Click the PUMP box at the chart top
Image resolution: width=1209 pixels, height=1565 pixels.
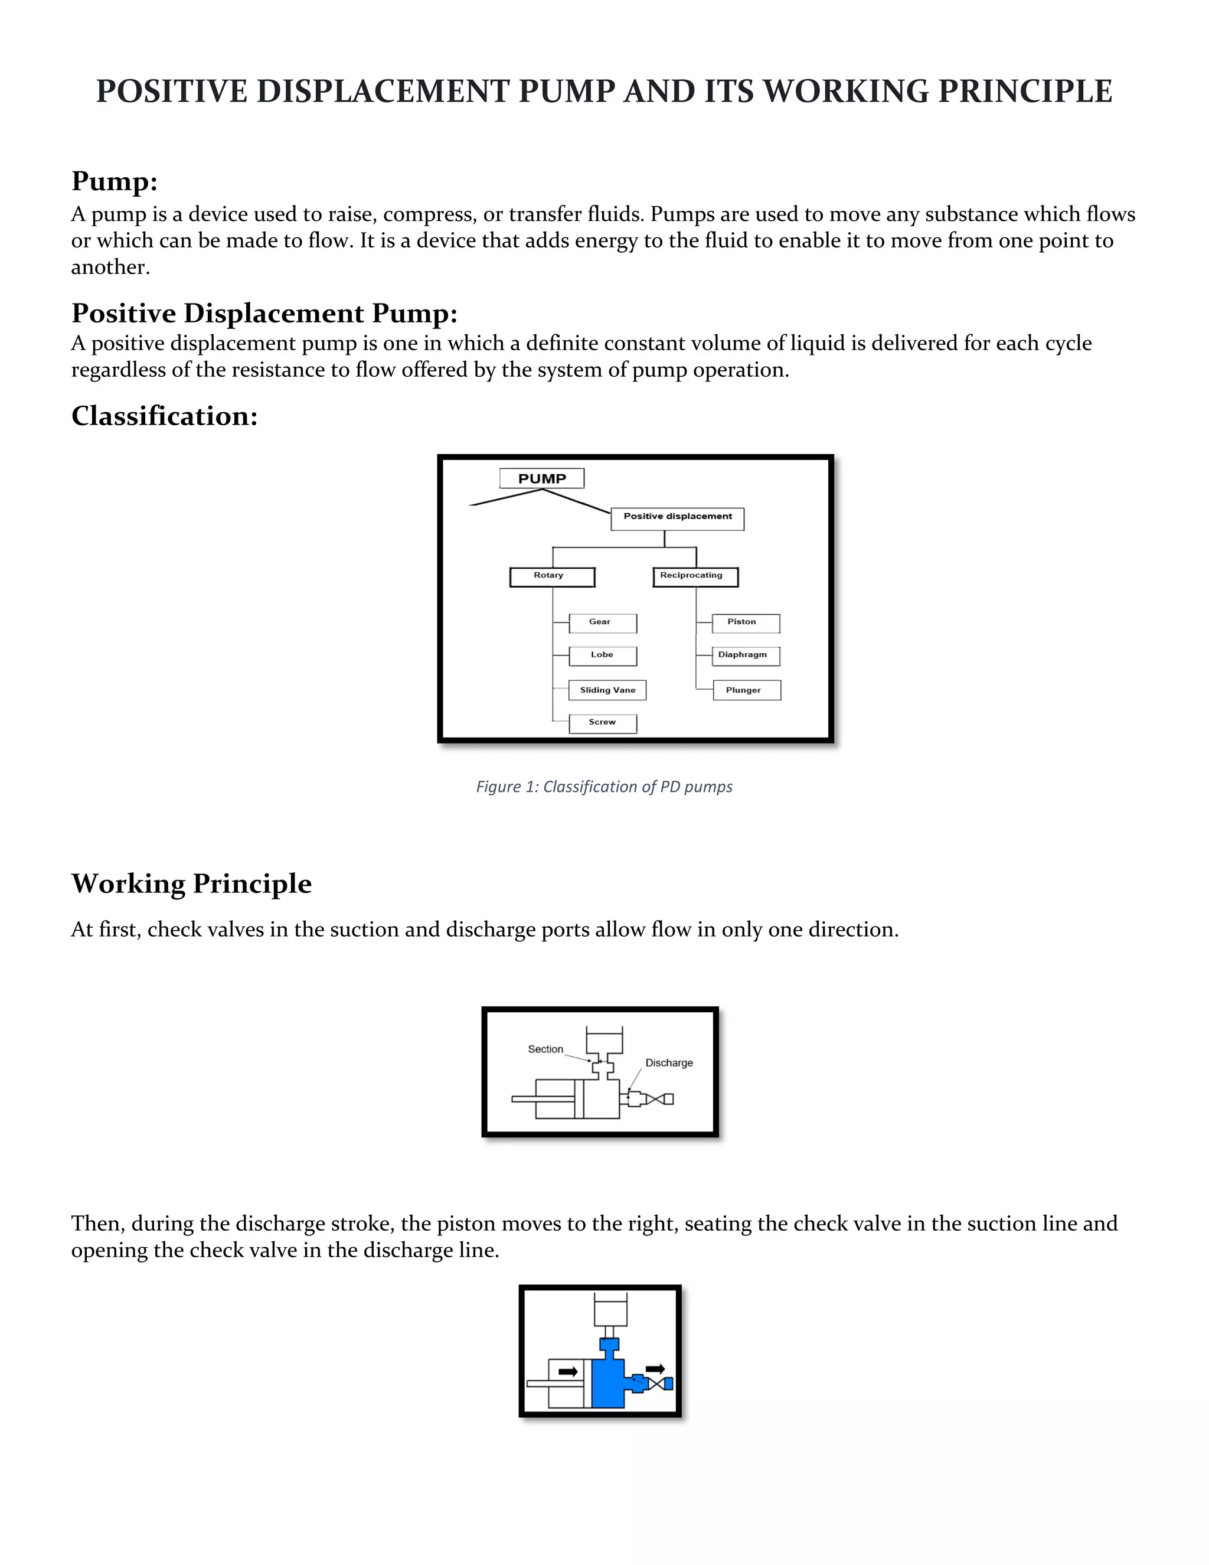[x=541, y=479]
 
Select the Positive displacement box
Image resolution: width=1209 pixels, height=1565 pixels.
[x=677, y=519]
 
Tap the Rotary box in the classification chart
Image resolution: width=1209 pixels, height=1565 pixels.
[x=551, y=577]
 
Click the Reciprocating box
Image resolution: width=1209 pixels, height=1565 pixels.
[x=695, y=577]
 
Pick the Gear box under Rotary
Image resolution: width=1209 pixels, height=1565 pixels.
[x=602, y=622]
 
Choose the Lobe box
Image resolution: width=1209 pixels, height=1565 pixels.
[x=602, y=656]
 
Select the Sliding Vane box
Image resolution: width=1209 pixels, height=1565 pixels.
[x=607, y=690]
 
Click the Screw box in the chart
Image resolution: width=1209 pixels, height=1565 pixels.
[x=602, y=723]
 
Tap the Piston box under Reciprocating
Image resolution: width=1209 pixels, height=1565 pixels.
[x=745, y=622]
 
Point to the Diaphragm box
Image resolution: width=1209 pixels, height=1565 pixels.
[x=745, y=656]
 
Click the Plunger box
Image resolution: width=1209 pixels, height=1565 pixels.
[x=746, y=690]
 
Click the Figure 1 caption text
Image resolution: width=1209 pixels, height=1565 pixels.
[x=604, y=787]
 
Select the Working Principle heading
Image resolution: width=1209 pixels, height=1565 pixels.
[x=191, y=883]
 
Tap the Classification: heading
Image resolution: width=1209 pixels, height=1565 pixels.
[x=164, y=416]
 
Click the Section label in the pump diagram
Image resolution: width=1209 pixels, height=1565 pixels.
[x=545, y=1049]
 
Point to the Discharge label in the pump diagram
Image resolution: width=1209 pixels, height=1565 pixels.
[x=669, y=1062]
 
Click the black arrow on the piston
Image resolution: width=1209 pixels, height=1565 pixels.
[x=568, y=1371]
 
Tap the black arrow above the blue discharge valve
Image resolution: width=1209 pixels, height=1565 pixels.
[x=655, y=1369]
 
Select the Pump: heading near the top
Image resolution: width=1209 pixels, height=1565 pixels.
[x=114, y=181]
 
